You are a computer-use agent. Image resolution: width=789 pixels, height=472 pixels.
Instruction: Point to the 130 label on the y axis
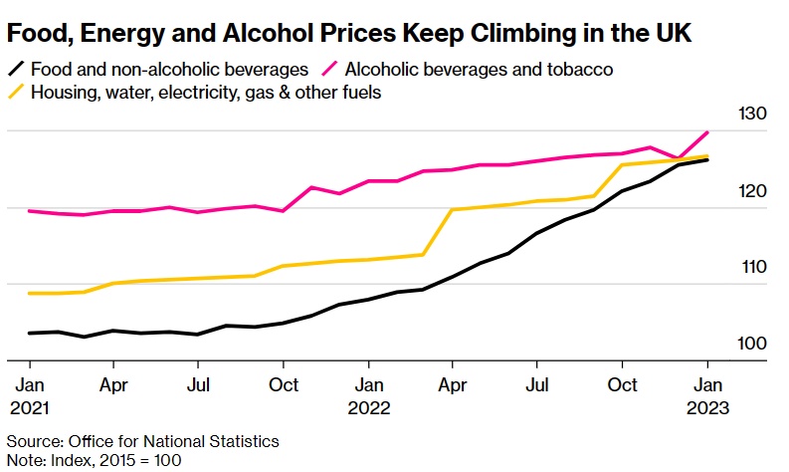pyautogui.click(x=750, y=115)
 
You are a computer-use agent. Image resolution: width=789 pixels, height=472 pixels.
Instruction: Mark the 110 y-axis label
pyautogui.click(x=750, y=267)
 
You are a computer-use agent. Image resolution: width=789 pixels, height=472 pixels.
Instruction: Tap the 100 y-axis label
pyautogui.click(x=750, y=344)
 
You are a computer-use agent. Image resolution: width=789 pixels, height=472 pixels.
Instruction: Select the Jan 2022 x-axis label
pyautogui.click(x=369, y=394)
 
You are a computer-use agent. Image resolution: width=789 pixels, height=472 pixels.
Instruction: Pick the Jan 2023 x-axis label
pyautogui.click(x=707, y=394)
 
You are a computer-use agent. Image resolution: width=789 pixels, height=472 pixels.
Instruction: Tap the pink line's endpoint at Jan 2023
pyautogui.click(x=707, y=131)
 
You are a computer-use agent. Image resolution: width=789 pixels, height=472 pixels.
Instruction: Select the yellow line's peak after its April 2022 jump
pyautogui.click(x=453, y=209)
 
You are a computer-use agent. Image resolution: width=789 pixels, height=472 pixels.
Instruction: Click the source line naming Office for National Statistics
pyautogui.click(x=143, y=441)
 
